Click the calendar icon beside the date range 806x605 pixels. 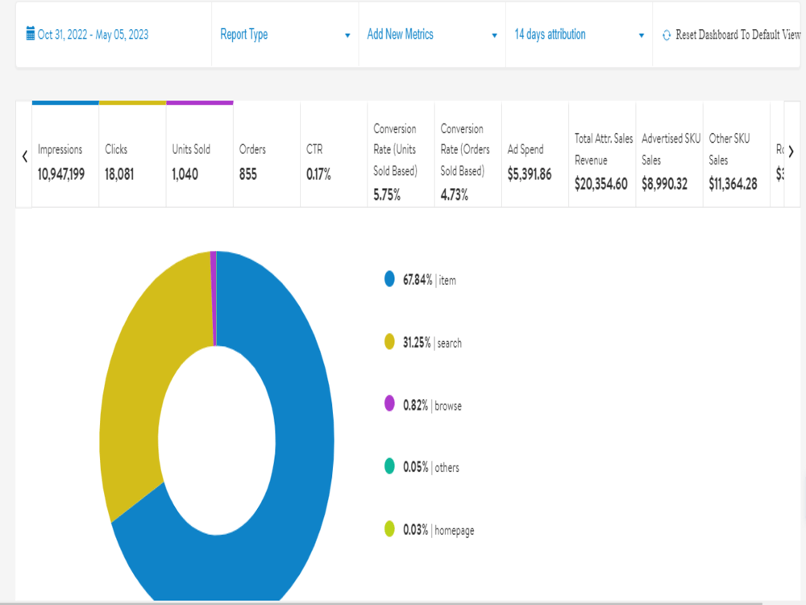31,33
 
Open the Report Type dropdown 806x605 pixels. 285,35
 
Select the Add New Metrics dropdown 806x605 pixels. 432,35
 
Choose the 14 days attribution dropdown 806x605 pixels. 579,35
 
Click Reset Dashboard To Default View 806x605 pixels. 732,35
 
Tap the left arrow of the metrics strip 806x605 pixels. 24,156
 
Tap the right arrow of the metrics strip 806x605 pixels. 791,152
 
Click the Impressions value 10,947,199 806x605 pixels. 61,174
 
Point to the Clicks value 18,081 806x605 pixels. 119,174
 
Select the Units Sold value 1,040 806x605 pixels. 185,174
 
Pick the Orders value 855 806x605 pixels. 247,174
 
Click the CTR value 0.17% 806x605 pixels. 318,174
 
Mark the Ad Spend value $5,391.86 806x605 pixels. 530,174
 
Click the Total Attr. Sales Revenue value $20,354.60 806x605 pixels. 601,184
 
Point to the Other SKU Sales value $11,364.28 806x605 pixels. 733,184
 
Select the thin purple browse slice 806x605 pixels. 214,298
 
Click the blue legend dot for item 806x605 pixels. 389,279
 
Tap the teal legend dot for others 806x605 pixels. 389,465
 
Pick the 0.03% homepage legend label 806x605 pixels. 438,530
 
